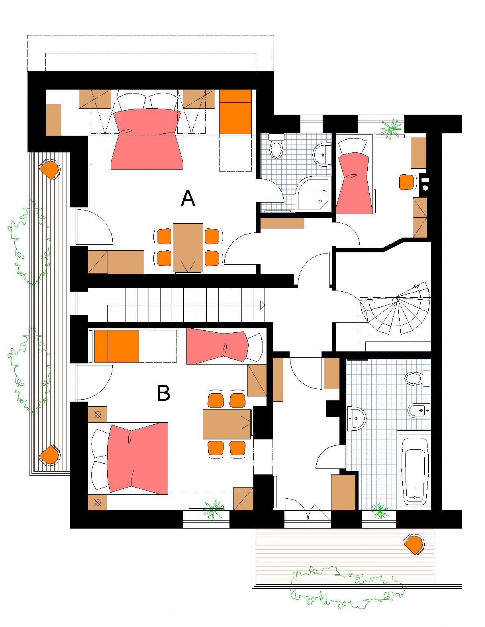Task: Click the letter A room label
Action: point(188,198)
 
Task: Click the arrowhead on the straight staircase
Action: point(262,305)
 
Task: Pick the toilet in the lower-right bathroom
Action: point(418,378)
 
